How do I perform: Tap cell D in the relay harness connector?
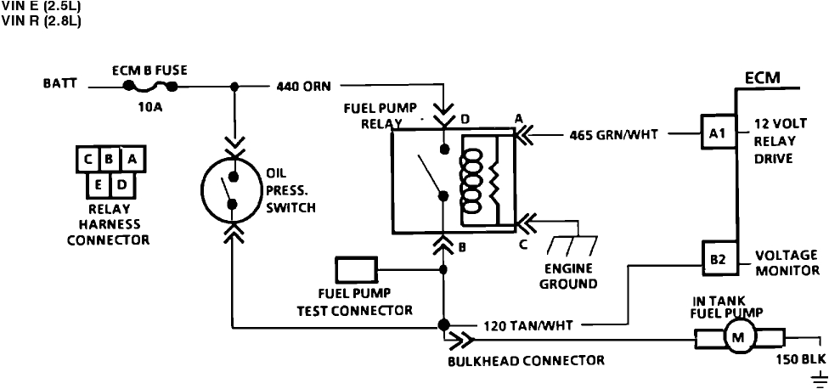123,183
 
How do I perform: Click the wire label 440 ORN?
304,86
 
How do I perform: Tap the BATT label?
59,86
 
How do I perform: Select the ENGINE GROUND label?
568,276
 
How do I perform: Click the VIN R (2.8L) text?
42,21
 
